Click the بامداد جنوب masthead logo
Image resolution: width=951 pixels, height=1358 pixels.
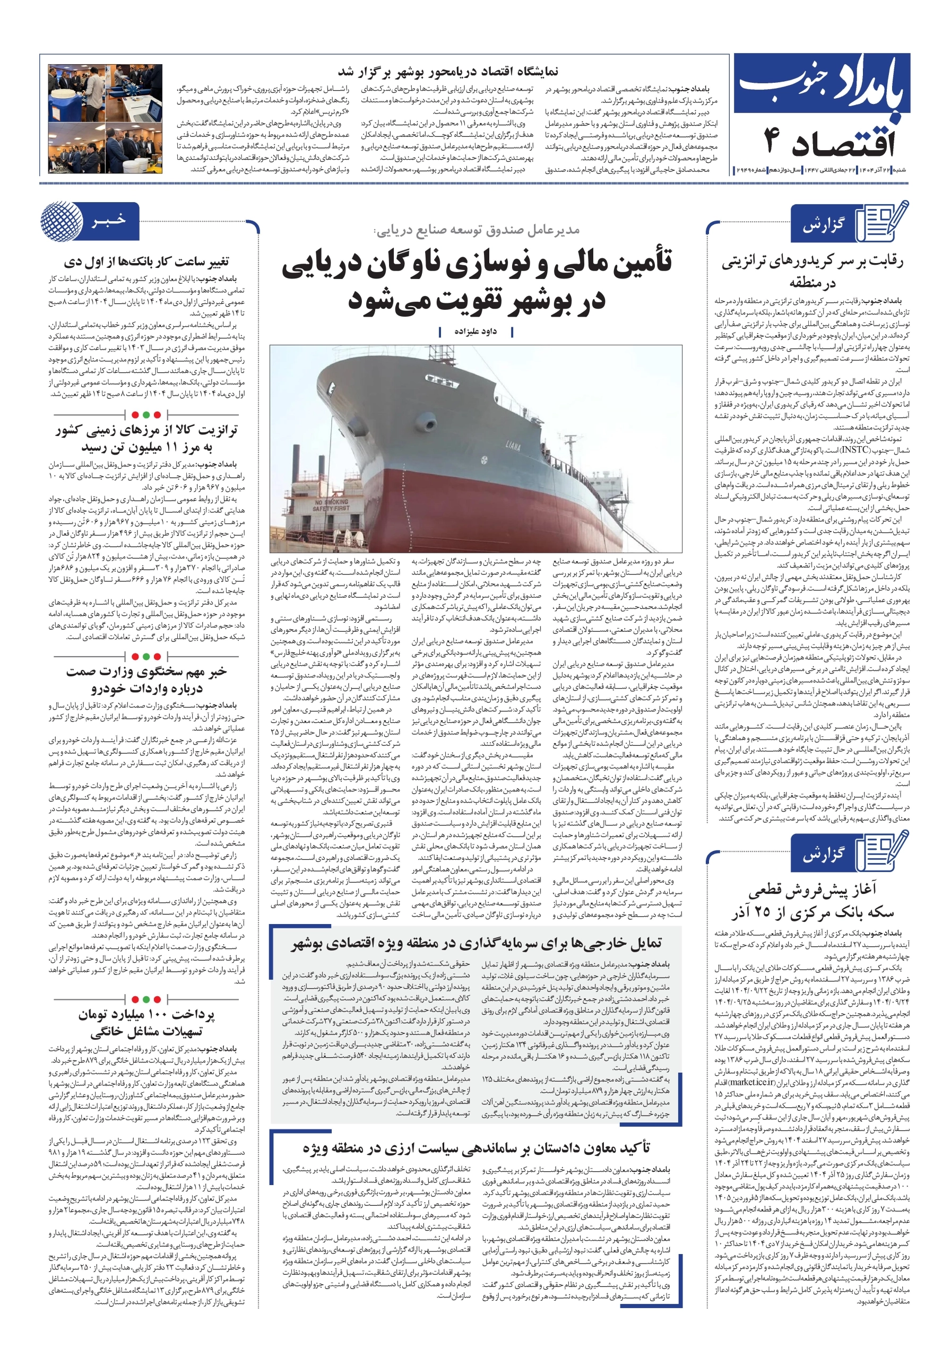pos(823,89)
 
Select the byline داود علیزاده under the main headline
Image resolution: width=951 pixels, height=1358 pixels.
pos(475,332)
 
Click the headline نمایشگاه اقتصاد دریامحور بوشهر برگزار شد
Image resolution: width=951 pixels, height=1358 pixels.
pos(447,72)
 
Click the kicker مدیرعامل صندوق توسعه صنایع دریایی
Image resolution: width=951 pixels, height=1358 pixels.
pos(477,230)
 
